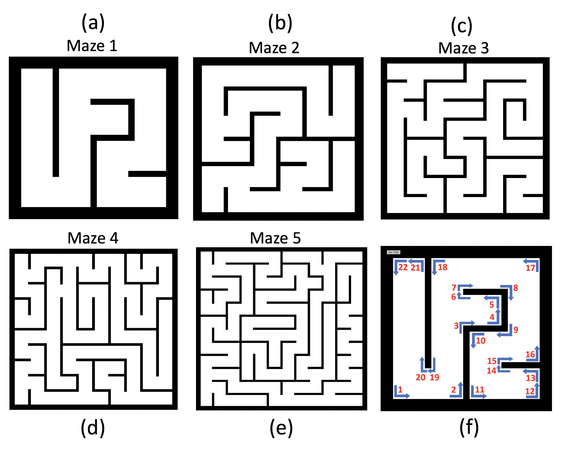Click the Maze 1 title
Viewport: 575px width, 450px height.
(92, 46)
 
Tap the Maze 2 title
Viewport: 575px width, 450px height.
(274, 48)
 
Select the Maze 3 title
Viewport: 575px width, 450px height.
(463, 48)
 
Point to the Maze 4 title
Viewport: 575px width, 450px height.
(93, 238)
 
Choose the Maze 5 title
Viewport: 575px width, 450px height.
(275, 238)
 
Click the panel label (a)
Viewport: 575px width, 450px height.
(93, 23)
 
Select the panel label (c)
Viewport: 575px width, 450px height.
(462, 26)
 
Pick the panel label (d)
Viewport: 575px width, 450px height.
(93, 428)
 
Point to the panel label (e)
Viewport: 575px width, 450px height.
(281, 428)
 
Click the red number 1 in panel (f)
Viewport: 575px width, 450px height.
(400, 389)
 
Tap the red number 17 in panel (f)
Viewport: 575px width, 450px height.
(530, 268)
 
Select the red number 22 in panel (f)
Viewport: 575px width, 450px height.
(403, 267)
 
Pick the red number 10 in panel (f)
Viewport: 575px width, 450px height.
(481, 341)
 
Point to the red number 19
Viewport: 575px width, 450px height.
(434, 377)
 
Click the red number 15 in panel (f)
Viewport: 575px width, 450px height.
(492, 361)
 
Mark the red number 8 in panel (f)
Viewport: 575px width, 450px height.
(516, 288)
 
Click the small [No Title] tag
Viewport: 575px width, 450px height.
(393, 252)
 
